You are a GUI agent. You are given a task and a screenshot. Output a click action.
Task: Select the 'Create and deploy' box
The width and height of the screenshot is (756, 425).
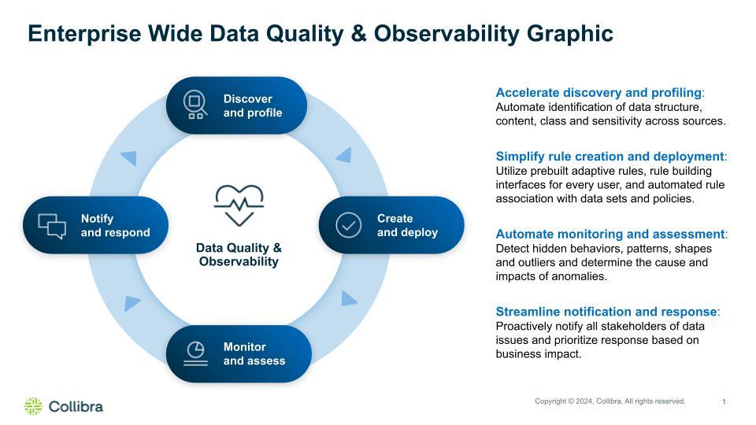391,225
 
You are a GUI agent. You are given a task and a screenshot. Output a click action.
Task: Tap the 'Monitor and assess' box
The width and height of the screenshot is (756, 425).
238,353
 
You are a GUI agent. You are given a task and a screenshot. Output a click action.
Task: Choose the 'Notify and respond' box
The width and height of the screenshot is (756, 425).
95,225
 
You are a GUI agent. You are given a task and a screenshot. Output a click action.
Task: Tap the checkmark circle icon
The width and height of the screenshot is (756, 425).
348,225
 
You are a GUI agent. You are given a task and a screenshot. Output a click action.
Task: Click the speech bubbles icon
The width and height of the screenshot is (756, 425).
52,226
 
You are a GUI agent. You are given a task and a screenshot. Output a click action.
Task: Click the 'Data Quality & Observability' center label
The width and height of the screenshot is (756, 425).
239,254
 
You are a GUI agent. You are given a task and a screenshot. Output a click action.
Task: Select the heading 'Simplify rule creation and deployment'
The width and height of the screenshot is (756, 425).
610,157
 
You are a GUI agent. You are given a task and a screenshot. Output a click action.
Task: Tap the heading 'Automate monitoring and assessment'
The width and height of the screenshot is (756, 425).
610,234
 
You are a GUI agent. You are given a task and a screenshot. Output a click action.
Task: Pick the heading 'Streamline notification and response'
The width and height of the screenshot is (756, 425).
606,312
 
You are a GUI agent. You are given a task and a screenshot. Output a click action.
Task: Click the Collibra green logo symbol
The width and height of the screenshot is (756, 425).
33,406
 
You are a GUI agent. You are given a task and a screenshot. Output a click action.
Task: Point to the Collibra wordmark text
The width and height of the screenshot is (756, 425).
76,407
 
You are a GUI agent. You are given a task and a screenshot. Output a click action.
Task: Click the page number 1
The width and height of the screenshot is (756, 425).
724,402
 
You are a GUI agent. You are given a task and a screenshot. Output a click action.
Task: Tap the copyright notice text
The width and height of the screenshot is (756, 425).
610,401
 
